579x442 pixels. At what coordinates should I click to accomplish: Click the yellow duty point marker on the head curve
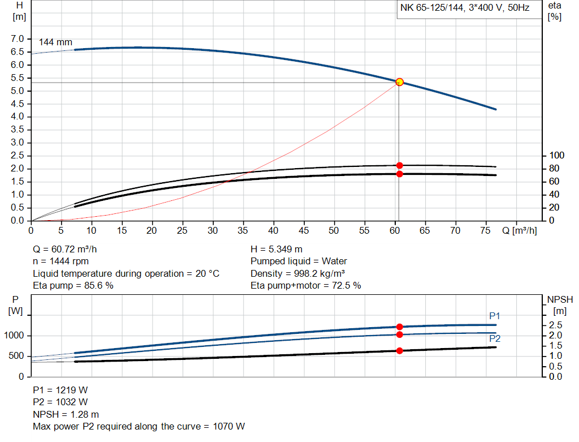tap(399, 82)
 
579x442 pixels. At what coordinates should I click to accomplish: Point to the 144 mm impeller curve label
tap(55, 42)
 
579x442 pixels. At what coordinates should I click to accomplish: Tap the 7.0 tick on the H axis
tap(18, 39)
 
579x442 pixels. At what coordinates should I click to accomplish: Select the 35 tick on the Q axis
tap(243, 231)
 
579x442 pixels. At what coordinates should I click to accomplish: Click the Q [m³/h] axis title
tap(519, 231)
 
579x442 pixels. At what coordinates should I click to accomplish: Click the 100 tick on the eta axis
tap(557, 156)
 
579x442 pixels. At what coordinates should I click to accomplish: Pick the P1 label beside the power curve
tap(495, 316)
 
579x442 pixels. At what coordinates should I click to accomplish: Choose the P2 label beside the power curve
tap(495, 338)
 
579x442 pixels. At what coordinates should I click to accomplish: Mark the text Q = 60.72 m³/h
tap(69, 249)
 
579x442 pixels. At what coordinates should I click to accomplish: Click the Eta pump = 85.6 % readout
tap(73, 285)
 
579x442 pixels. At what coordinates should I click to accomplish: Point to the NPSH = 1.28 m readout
tap(66, 414)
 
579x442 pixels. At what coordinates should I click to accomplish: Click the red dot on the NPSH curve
tap(399, 351)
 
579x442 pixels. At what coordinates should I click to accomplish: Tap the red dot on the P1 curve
tap(399, 327)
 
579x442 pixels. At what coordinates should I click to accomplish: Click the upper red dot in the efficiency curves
tap(399, 165)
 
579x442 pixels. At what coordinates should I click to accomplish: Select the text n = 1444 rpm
tap(61, 261)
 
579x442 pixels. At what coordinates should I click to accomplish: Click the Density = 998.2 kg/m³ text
tap(299, 273)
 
